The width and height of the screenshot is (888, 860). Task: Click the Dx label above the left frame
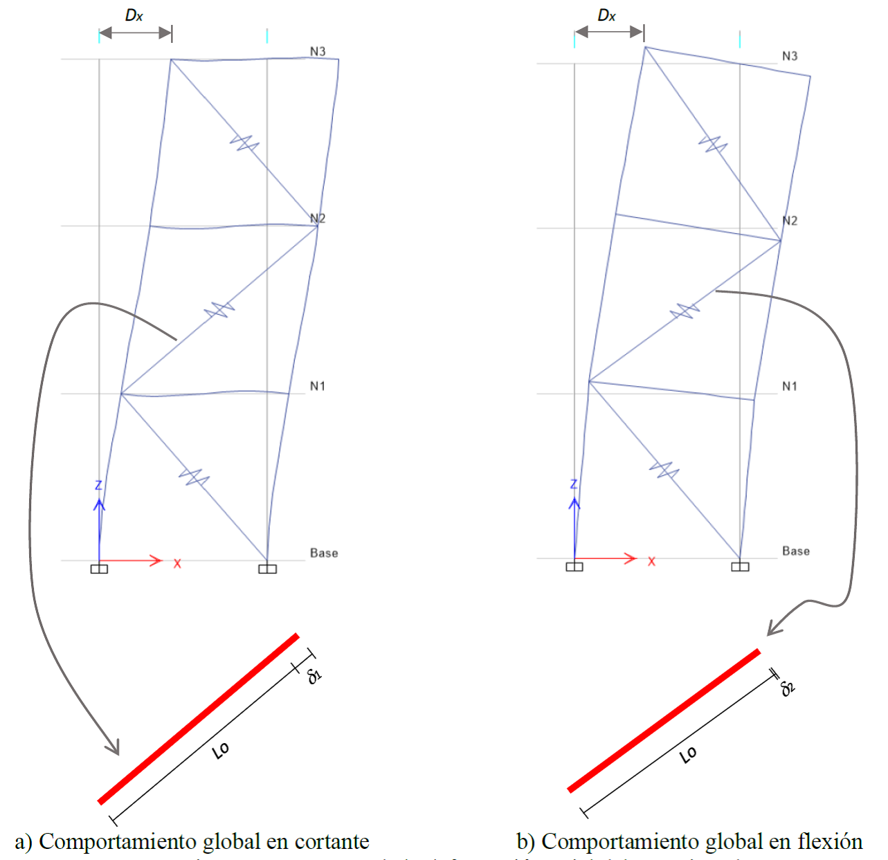[134, 15]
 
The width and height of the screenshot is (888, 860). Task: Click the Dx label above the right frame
[606, 15]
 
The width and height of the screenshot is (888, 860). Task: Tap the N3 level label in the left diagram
[318, 51]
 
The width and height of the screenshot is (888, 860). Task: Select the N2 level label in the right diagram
[790, 221]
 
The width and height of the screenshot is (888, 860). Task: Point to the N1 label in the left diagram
[318, 386]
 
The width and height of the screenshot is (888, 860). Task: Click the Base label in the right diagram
[796, 551]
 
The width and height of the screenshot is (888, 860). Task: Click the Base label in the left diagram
[324, 553]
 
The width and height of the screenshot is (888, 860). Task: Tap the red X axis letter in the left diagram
[177, 564]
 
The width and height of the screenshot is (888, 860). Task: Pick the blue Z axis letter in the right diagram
[573, 484]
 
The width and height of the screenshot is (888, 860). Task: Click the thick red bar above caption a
[199, 718]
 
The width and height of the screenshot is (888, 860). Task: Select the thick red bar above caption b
[664, 720]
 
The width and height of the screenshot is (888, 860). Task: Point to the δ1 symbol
[316, 675]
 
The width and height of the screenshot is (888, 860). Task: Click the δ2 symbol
[788, 688]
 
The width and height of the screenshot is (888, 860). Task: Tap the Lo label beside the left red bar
[221, 750]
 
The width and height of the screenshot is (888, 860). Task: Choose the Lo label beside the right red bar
[688, 756]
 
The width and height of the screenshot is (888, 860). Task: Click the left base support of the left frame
[99, 569]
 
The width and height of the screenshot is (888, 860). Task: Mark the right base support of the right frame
[740, 567]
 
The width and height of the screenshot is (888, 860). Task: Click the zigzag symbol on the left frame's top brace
[244, 144]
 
